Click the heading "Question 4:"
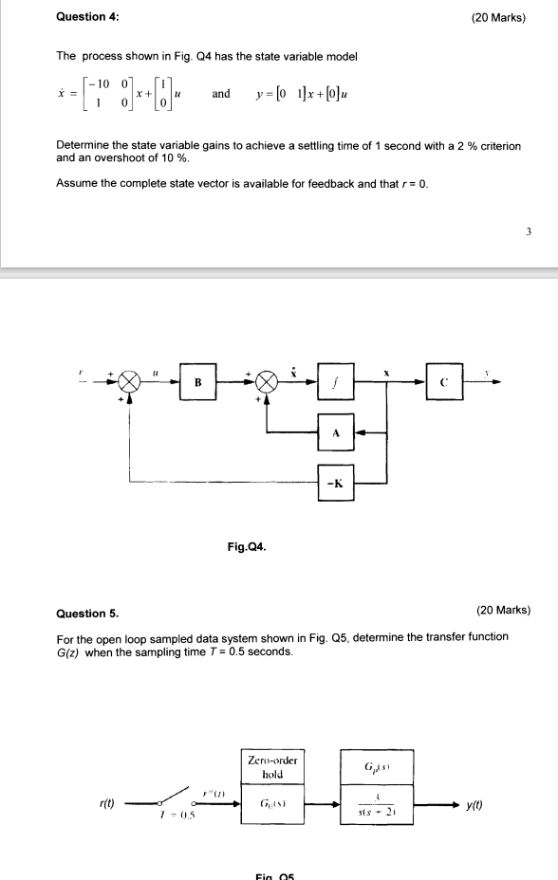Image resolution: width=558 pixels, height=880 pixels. tap(88, 18)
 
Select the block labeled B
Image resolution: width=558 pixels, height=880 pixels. tap(197, 383)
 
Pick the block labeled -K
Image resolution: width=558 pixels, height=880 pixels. tap(335, 481)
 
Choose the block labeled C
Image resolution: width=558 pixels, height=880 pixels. tap(444, 383)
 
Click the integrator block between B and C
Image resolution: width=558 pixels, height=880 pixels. tap(335, 383)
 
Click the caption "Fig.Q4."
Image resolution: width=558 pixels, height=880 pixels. tap(247, 546)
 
